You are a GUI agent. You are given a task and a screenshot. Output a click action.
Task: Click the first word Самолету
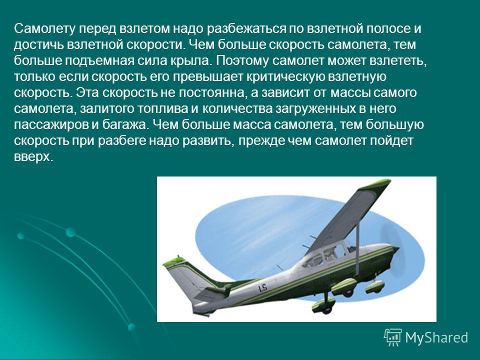pyautogui.click(x=44, y=29)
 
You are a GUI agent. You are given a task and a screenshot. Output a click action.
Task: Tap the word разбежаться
pyautogui.click(x=246, y=29)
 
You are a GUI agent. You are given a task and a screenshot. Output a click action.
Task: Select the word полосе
pyautogui.click(x=389, y=29)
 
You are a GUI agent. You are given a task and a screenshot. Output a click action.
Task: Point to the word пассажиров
pyautogui.click(x=51, y=125)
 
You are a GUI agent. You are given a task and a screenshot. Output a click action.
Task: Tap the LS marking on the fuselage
pyautogui.click(x=262, y=288)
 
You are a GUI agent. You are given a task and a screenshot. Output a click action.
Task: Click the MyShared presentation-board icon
pyautogui.click(x=393, y=337)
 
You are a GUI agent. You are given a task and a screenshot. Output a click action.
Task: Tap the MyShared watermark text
pyautogui.click(x=436, y=337)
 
